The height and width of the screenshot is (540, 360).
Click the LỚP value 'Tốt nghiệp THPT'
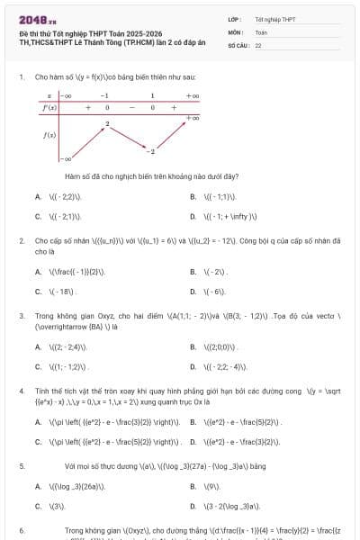click(x=274, y=19)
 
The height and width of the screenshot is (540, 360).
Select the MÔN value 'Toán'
click(x=262, y=31)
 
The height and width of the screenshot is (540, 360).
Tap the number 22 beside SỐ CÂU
click(x=258, y=43)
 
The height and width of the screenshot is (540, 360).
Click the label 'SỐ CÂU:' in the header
click(x=238, y=43)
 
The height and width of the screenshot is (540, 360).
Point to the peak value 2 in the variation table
click(x=107, y=122)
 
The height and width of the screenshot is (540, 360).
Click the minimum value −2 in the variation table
click(x=152, y=150)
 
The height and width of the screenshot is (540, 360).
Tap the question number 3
click(x=22, y=316)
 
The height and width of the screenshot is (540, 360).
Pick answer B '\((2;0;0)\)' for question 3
click(x=221, y=346)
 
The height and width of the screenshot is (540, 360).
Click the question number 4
click(x=22, y=391)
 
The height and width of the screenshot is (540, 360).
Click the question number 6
click(x=22, y=531)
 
